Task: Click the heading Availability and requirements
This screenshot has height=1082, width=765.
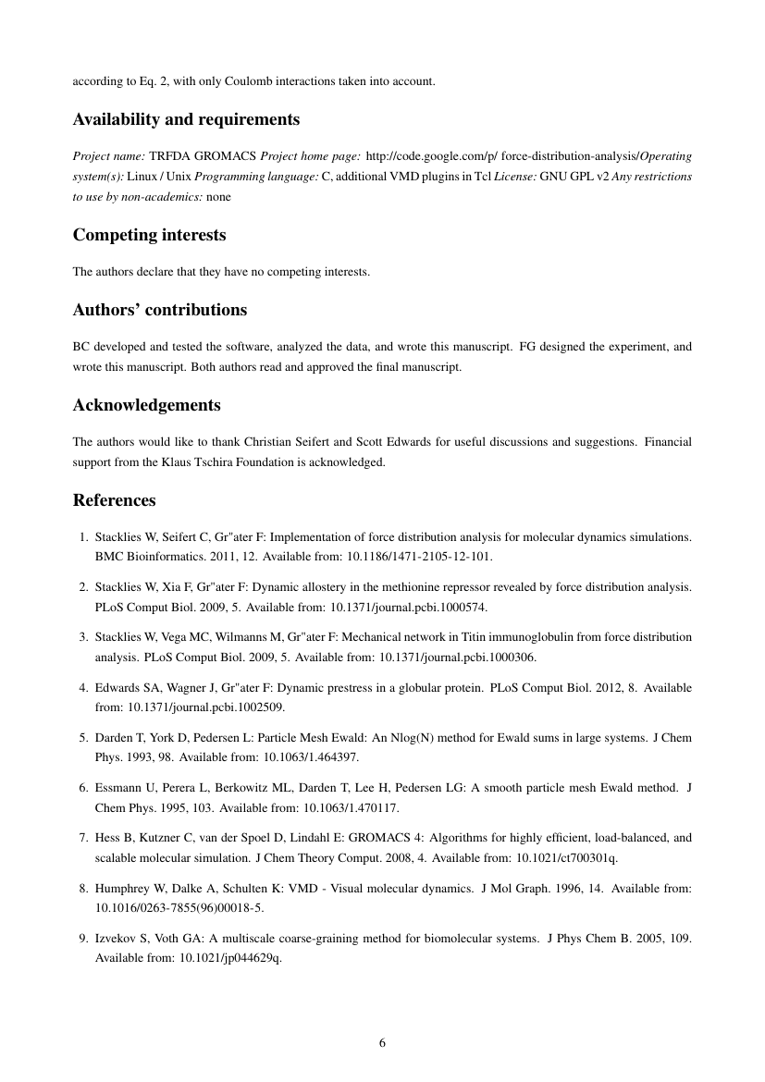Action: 186,120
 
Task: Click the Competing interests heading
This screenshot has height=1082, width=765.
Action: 149,235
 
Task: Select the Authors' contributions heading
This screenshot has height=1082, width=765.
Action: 160,309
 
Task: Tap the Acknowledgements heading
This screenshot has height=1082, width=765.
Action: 146,405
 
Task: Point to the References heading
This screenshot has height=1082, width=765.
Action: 114,500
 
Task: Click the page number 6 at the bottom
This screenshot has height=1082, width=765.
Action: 382,1043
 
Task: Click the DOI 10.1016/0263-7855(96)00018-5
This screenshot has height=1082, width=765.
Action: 172,908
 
